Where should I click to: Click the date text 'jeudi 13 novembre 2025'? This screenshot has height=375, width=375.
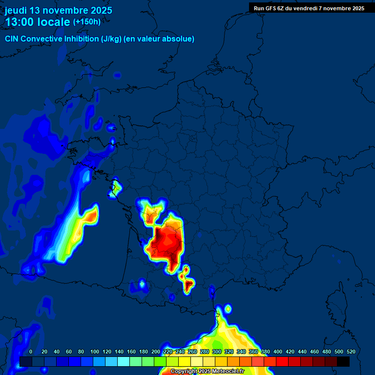(58, 10)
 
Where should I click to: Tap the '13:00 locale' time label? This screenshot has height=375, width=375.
(38, 22)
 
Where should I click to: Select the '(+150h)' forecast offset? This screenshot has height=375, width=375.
(86, 22)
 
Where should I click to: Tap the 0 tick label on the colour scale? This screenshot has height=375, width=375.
(31, 352)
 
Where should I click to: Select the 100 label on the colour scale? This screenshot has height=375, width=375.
(95, 352)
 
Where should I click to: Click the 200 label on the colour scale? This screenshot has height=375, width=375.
(156, 352)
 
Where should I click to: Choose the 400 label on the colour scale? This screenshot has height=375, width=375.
(278, 352)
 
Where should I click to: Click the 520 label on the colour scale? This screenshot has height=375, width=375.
(351, 352)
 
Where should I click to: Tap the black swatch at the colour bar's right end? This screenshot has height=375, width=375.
(343, 361)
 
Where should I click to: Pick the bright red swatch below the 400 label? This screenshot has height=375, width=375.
(282, 361)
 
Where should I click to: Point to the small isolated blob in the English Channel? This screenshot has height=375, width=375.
(117, 75)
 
